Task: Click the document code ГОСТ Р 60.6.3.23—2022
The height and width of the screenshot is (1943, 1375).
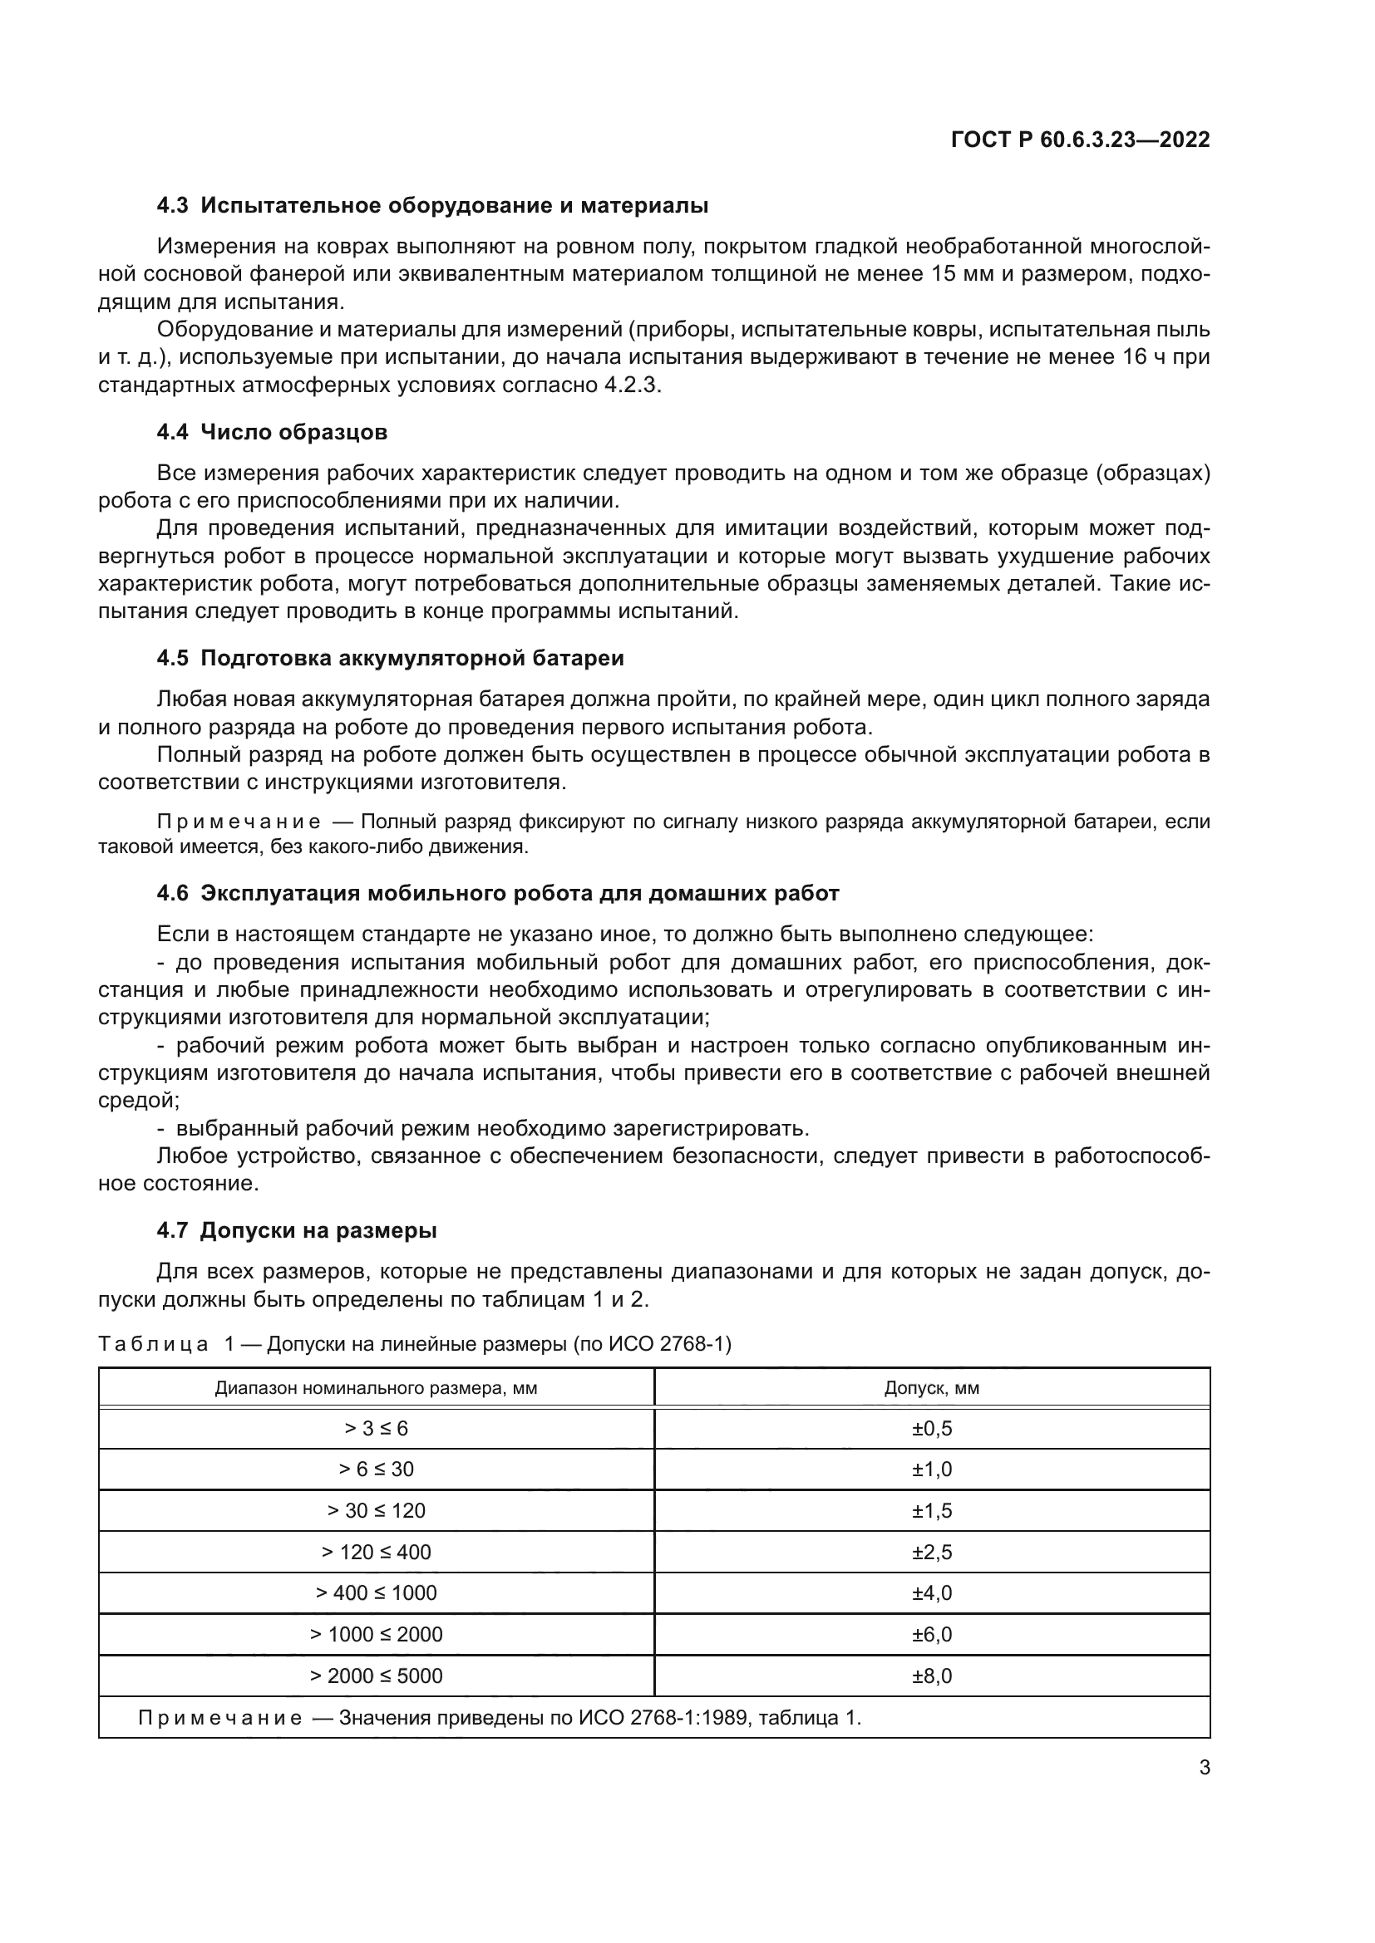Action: click(x=1081, y=140)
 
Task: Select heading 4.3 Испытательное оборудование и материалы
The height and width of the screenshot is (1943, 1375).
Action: click(x=431, y=206)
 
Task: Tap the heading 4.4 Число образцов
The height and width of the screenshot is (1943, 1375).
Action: click(x=272, y=433)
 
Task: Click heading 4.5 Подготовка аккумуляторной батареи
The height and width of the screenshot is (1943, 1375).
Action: click(x=391, y=659)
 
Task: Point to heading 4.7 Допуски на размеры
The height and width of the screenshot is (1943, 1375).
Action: click(x=296, y=1230)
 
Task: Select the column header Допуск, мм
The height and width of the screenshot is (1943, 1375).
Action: click(x=931, y=1388)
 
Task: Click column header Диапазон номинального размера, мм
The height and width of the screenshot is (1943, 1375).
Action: click(x=376, y=1388)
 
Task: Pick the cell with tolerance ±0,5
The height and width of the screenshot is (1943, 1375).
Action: click(x=931, y=1430)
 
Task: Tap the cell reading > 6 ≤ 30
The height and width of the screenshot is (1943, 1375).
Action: click(x=376, y=1470)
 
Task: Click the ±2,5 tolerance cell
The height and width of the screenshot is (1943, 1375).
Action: click(x=931, y=1553)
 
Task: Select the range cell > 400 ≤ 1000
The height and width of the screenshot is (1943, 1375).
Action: click(x=376, y=1593)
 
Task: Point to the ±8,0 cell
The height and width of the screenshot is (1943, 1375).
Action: click(x=931, y=1676)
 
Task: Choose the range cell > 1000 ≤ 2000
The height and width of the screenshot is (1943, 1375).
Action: click(x=376, y=1635)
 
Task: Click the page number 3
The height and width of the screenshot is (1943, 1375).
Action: click(x=1204, y=1768)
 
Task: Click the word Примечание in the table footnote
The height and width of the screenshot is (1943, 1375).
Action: click(x=219, y=1718)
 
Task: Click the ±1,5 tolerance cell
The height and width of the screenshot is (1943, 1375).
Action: click(x=931, y=1511)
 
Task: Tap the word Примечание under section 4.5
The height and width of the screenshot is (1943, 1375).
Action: click(x=239, y=822)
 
